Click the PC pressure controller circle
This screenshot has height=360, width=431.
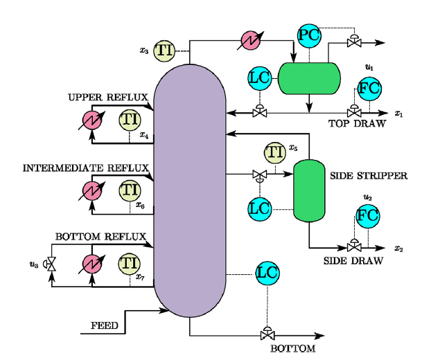[x=308, y=34]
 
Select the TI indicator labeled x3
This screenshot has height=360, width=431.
[x=164, y=49]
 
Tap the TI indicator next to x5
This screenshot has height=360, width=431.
[x=274, y=152]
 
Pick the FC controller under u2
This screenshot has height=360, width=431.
[x=367, y=216]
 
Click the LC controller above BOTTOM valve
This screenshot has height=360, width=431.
[x=267, y=273]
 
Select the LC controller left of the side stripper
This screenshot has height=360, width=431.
[x=259, y=206]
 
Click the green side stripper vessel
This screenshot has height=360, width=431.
[x=309, y=191]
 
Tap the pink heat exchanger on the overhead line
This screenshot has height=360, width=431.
[x=250, y=40]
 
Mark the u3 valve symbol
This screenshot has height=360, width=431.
[x=50, y=264]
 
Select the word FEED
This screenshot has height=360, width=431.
[x=105, y=325]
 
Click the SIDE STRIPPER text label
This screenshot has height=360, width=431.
[x=369, y=176]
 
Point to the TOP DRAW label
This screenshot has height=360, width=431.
[x=352, y=123]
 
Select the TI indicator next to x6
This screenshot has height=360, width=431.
[x=129, y=190]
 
